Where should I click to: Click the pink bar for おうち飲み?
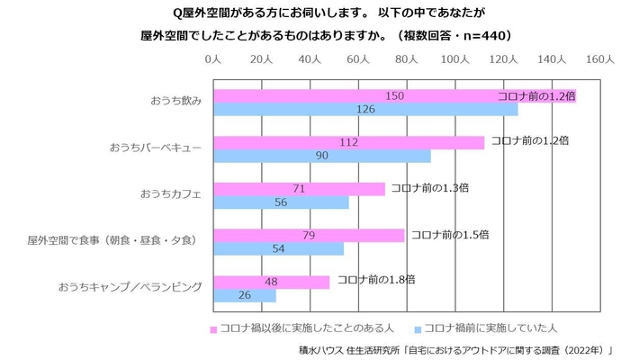394,95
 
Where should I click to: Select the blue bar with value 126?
365,110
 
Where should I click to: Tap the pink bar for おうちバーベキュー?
348,142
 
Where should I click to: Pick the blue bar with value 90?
322,156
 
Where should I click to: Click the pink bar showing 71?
299,189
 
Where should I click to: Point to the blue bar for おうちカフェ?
281,202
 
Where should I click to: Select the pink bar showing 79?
309,235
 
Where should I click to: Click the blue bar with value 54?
278,248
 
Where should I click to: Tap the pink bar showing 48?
271,282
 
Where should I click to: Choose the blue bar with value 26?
245,295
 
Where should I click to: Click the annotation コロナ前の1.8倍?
375,281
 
